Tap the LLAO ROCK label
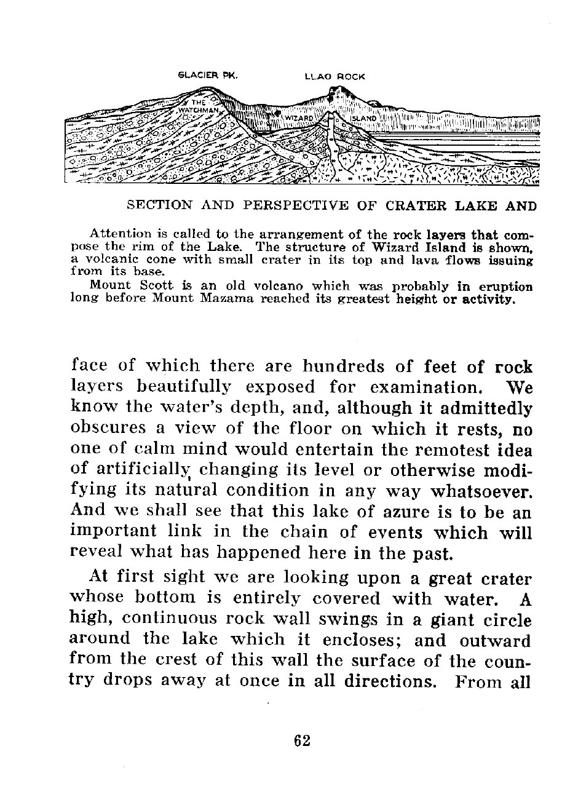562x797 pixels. click(335, 77)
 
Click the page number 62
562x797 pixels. click(302, 740)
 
